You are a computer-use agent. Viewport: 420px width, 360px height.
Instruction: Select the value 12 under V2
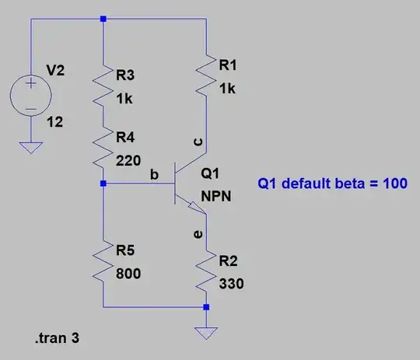point(55,123)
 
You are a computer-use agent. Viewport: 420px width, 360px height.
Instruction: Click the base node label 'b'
point(153,177)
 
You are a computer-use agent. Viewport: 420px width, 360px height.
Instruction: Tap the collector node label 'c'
point(197,142)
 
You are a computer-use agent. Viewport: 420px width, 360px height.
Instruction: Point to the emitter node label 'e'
point(197,232)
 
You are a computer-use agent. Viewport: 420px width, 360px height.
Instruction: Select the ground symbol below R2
point(206,333)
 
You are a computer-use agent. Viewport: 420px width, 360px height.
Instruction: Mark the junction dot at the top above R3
point(103,17)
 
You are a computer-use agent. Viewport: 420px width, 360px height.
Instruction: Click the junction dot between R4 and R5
point(103,184)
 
